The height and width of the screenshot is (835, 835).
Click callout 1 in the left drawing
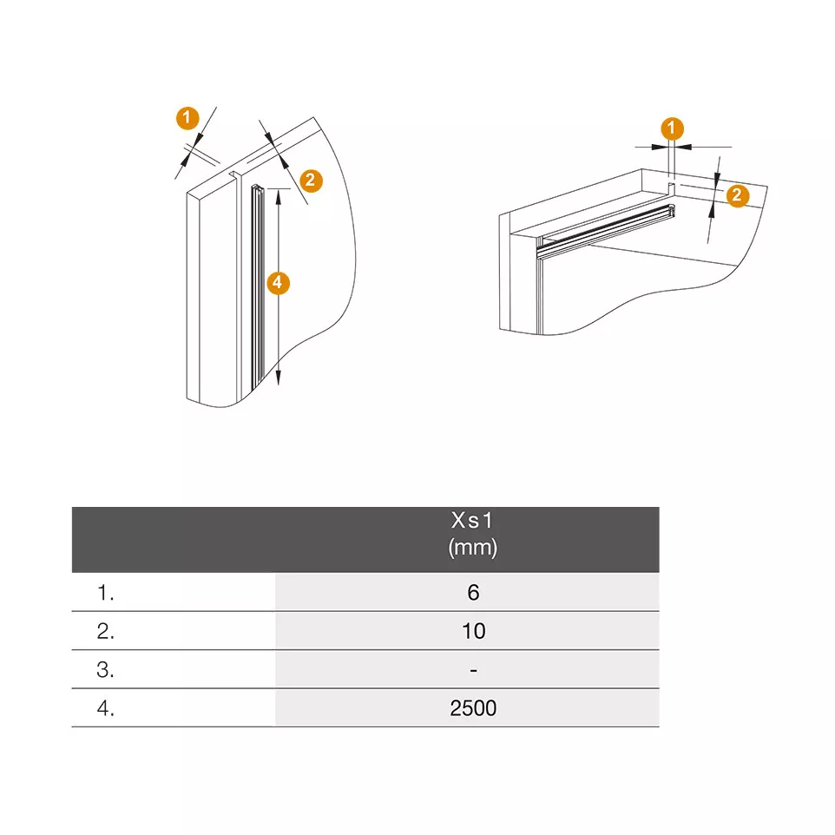click(x=187, y=118)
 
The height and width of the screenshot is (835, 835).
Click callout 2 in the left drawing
click(x=311, y=181)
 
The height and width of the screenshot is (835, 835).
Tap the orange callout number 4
click(x=278, y=283)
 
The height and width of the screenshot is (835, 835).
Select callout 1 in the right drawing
click(x=672, y=128)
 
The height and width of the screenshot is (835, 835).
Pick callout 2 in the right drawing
click(x=738, y=195)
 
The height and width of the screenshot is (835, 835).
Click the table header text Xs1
click(x=472, y=520)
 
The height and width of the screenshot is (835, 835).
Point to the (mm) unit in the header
click(x=472, y=548)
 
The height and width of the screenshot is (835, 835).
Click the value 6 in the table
click(x=473, y=592)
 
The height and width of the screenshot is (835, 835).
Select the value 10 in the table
click(x=473, y=631)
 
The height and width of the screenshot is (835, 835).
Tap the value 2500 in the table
click(x=473, y=708)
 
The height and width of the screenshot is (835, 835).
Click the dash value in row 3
click(x=473, y=670)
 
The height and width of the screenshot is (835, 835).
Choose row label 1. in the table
click(x=105, y=593)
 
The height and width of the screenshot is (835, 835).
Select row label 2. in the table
click(x=105, y=631)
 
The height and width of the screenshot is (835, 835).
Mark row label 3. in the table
click(x=105, y=670)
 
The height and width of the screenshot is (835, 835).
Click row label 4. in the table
click(x=105, y=708)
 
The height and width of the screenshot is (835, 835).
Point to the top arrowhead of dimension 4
click(x=278, y=197)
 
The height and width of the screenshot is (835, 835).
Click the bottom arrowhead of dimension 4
click(x=278, y=377)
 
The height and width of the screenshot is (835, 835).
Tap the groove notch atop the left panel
click(x=233, y=174)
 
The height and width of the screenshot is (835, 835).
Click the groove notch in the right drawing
click(x=672, y=188)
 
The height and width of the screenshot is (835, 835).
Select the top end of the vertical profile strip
click(x=257, y=188)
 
